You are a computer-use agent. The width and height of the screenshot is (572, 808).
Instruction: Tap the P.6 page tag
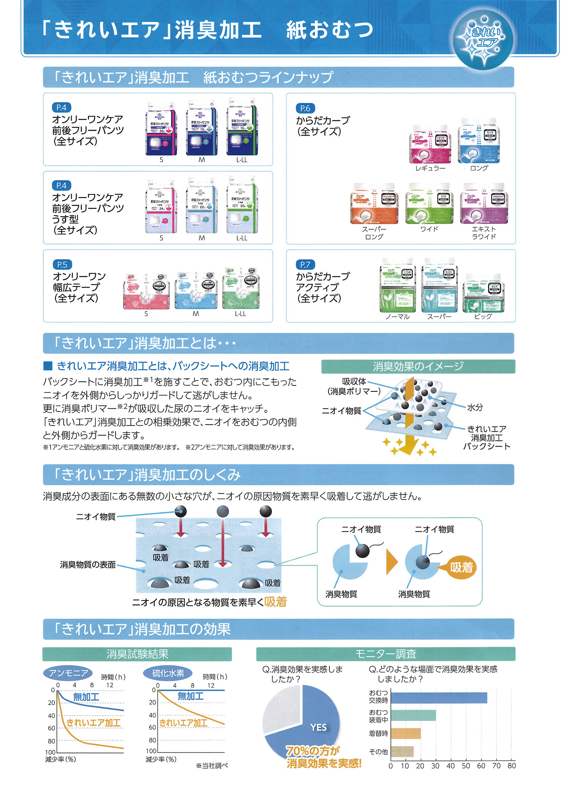305,108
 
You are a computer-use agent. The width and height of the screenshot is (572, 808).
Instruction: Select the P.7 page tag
305,265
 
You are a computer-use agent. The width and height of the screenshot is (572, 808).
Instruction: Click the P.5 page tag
62,265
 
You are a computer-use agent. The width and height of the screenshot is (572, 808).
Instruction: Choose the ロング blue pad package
479,141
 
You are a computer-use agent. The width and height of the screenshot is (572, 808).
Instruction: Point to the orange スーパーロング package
374,204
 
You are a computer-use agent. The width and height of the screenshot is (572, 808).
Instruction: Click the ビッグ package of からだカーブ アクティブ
483,293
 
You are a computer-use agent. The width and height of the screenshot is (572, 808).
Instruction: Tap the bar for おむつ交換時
438,698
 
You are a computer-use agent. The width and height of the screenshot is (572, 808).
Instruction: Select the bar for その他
402,752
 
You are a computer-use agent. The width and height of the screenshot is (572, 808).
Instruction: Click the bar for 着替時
406,734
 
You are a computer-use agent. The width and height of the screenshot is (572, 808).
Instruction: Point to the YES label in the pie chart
318,727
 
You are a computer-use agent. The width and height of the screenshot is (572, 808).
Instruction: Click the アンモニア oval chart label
68,673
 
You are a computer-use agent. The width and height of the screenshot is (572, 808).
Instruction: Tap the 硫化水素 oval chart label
168,673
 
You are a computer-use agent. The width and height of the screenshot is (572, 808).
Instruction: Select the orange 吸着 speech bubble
461,568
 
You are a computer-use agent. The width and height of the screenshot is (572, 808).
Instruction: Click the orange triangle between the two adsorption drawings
391,562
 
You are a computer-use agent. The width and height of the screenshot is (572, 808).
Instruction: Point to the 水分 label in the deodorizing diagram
475,407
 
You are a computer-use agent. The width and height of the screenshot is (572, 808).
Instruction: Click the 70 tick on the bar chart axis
496,766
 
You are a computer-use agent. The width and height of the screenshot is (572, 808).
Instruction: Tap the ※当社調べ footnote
212,765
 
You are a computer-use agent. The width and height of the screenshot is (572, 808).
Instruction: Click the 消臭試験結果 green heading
137,654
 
